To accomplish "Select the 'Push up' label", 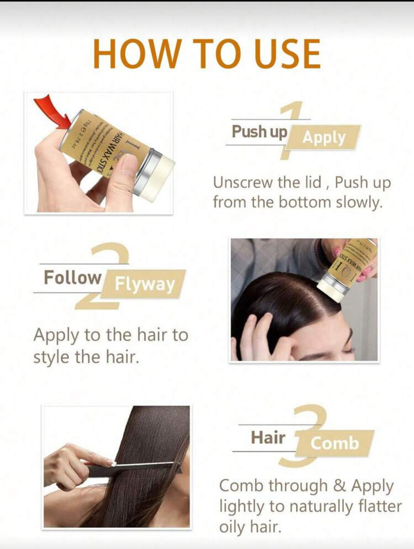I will coord(259,132).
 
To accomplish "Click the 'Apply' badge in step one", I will coord(324,137).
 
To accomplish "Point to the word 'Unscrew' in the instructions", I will coord(243,183).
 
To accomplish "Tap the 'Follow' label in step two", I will coord(72,278).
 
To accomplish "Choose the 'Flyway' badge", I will coord(145,285).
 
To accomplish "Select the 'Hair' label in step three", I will coord(269,437).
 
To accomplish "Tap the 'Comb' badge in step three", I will coord(335,443).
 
